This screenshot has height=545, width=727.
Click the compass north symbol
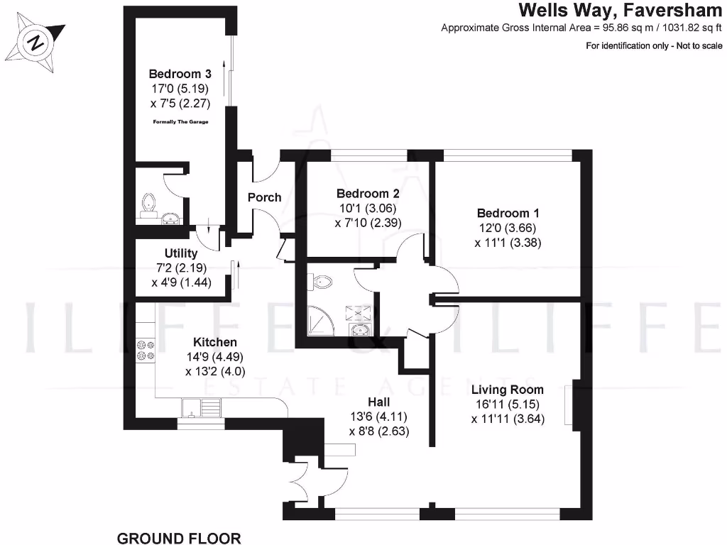(36, 43)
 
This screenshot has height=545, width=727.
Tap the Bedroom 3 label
(180, 74)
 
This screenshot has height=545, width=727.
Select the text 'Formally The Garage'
(181, 123)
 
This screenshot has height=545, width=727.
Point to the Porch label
(264, 197)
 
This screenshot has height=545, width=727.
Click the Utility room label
(180, 253)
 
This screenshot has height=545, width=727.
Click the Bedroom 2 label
(368, 194)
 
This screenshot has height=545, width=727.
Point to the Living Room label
(507, 390)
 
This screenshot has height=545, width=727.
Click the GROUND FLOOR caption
(179, 538)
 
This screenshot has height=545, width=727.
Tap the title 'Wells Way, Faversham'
(620, 10)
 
